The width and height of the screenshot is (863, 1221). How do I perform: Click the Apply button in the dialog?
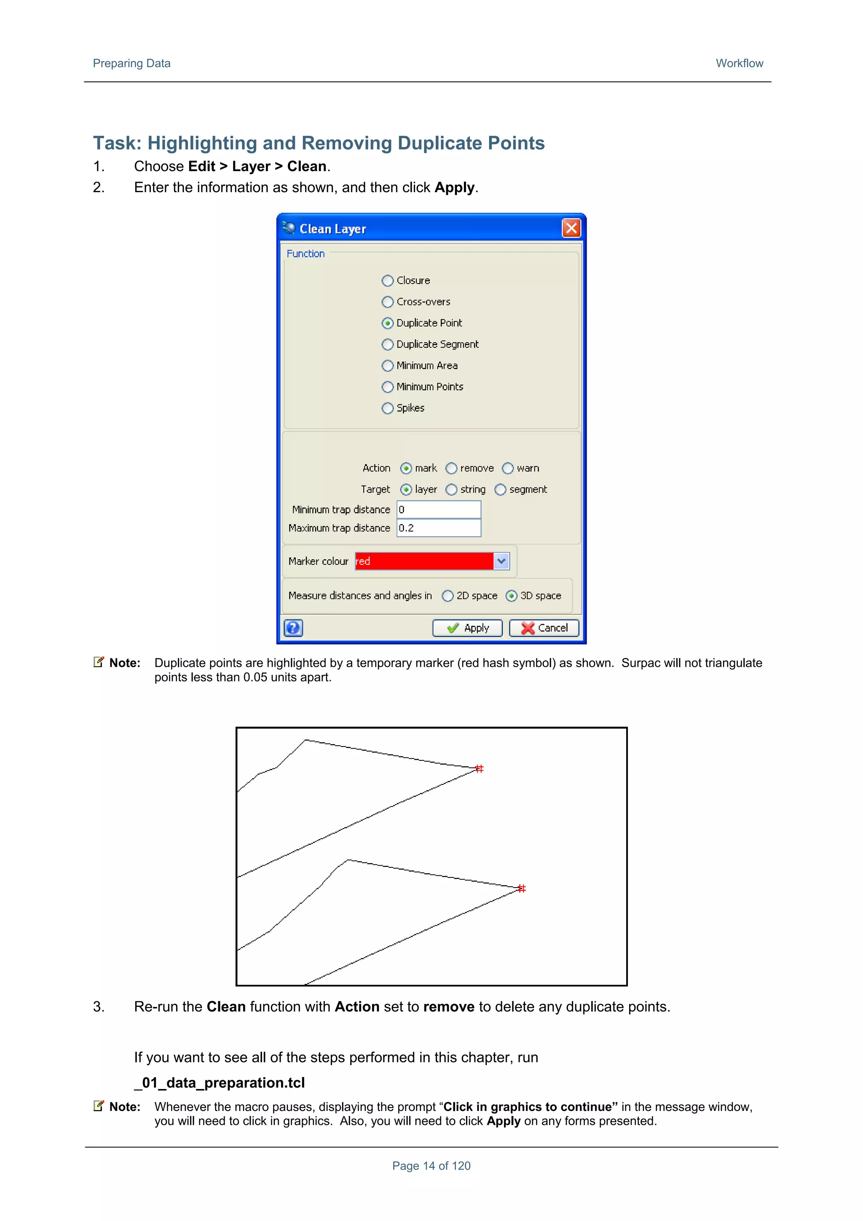pyautogui.click(x=467, y=628)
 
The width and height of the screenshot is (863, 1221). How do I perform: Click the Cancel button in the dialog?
pyautogui.click(x=544, y=628)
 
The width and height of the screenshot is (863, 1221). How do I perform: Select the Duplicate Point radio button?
pyautogui.click(x=388, y=323)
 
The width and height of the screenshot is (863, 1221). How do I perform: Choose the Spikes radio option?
pyautogui.click(x=388, y=408)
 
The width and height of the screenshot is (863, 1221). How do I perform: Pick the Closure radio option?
pyautogui.click(x=388, y=281)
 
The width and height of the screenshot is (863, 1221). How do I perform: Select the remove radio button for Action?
pyautogui.click(x=451, y=469)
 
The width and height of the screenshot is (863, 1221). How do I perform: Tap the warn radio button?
pyautogui.click(x=508, y=469)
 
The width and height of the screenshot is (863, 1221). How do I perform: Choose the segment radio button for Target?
pyautogui.click(x=500, y=490)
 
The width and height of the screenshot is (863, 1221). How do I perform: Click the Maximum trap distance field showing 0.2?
pyautogui.click(x=438, y=528)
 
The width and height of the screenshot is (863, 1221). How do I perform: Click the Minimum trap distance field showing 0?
pyautogui.click(x=438, y=510)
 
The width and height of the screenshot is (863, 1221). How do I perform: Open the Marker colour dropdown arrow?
pyautogui.click(x=501, y=561)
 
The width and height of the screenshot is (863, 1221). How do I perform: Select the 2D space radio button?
pyautogui.click(x=448, y=596)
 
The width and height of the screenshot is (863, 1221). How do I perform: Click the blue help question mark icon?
pyautogui.click(x=293, y=628)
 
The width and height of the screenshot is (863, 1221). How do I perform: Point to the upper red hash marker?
pyautogui.click(x=479, y=768)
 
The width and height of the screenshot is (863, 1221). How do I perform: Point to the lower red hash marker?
pyautogui.click(x=522, y=888)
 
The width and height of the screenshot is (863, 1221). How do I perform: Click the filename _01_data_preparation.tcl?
pyautogui.click(x=220, y=1083)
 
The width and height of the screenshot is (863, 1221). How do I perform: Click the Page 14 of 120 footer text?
pyautogui.click(x=431, y=1166)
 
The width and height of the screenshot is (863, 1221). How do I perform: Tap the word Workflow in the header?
pyautogui.click(x=739, y=63)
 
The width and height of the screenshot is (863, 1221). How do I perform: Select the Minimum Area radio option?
pyautogui.click(x=388, y=366)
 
